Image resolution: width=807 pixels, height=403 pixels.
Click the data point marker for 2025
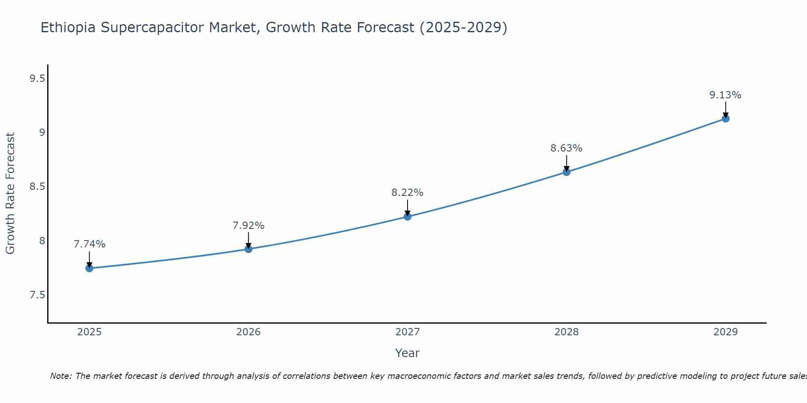click(x=90, y=268)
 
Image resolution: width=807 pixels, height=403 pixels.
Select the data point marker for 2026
click(x=249, y=249)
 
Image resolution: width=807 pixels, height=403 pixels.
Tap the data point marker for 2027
click(x=408, y=217)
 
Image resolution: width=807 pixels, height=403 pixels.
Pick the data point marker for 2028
click(x=567, y=172)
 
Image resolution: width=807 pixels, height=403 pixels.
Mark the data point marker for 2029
click(x=725, y=118)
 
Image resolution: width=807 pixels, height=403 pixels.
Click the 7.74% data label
click(x=90, y=244)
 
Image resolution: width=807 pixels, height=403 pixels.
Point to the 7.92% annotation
click(x=249, y=226)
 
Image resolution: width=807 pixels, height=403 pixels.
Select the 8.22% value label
click(x=408, y=193)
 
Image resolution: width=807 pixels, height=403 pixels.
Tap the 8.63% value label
click(x=567, y=148)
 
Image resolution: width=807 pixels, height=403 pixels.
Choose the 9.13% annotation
click(x=725, y=95)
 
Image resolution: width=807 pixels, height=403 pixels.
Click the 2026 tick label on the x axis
click(x=249, y=332)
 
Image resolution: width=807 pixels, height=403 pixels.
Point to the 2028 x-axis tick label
click(x=567, y=332)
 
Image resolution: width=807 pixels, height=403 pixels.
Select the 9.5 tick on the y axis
click(x=37, y=79)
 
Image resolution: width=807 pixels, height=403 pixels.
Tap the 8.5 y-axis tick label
click(x=37, y=187)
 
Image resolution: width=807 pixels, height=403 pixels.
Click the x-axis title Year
click(x=408, y=353)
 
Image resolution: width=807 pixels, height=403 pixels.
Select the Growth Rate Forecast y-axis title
click(x=10, y=193)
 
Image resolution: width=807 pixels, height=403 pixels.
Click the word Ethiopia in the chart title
click(x=68, y=28)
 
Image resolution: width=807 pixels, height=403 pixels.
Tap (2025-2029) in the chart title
click(x=463, y=28)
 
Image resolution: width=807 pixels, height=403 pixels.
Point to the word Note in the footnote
click(x=61, y=376)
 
